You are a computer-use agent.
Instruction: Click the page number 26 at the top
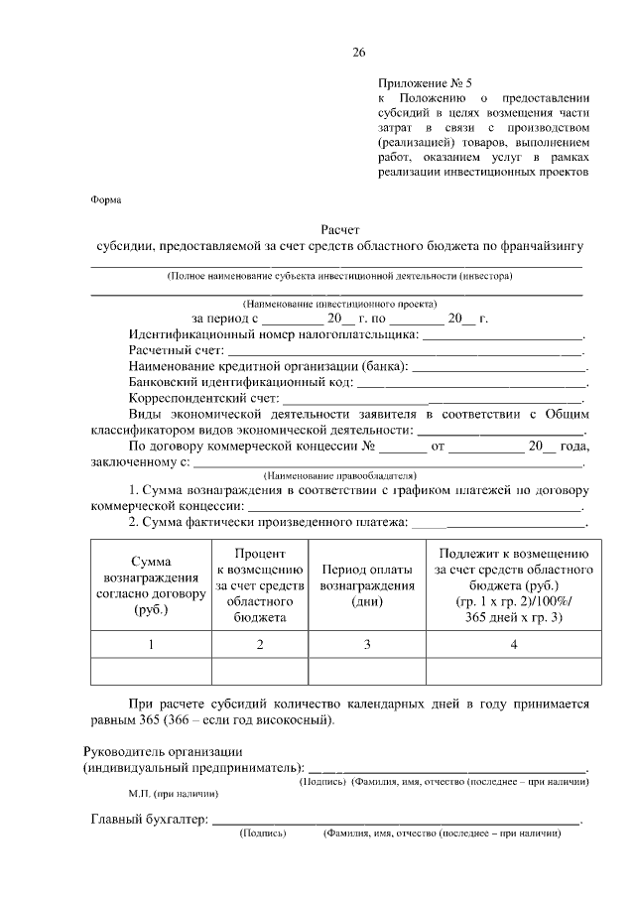click(x=358, y=53)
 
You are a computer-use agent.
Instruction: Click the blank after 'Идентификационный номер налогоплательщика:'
click(x=503, y=335)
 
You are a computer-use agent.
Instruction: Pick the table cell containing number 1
click(x=151, y=645)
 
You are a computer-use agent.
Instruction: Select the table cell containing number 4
click(x=513, y=645)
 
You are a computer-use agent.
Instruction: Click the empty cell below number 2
click(x=259, y=672)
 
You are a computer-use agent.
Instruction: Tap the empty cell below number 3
click(x=367, y=672)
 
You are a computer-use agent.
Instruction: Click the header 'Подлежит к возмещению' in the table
click(x=513, y=553)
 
